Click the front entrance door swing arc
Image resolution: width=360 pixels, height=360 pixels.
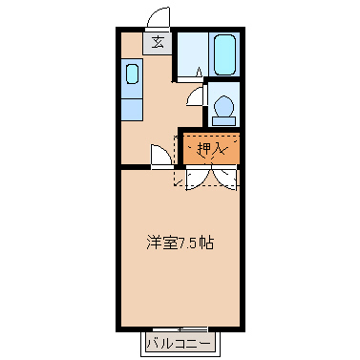pos(159,18)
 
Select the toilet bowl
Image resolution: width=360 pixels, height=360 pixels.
pos(224,107)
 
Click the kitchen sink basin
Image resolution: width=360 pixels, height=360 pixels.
pos(132,74)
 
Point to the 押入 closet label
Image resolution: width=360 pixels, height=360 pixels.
pos(209,148)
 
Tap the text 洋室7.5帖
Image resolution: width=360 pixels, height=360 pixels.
pos(180,243)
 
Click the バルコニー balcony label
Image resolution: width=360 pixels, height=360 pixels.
pos(180,341)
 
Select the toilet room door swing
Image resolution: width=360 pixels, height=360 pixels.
pos(198,96)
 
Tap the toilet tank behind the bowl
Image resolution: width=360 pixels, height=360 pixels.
pos(224,121)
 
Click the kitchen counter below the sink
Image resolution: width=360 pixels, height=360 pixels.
pos(132,101)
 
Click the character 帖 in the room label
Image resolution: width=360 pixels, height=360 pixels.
pos(206,243)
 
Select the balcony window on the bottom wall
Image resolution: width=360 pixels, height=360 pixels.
pos(180,328)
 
